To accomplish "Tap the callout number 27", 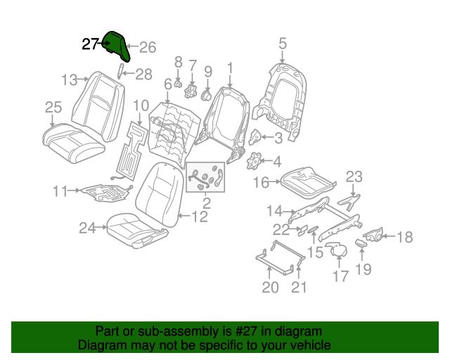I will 90,44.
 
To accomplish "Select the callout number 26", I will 147,48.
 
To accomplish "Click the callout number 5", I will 282,44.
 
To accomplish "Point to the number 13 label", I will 69,79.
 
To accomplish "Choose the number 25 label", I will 53,107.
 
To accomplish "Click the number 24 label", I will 86,227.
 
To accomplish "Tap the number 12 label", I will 200,217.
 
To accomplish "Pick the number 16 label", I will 261,184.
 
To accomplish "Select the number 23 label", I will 354,177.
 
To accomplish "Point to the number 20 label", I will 271,286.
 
